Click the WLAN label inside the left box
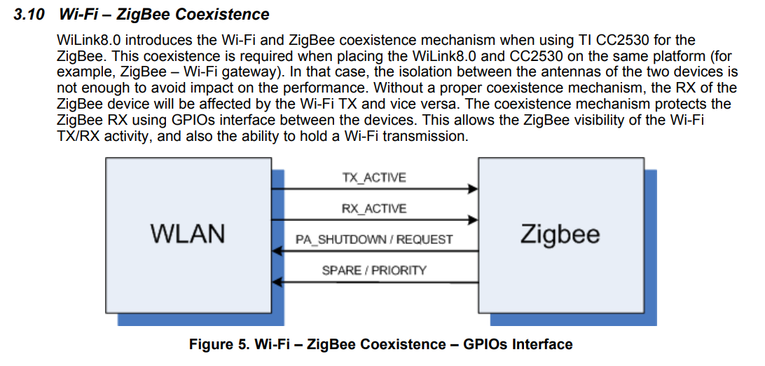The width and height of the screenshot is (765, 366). pyautogui.click(x=188, y=233)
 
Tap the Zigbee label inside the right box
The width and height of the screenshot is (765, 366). pyautogui.click(x=560, y=233)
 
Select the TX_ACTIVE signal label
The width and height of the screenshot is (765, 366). pyautogui.click(x=373, y=177)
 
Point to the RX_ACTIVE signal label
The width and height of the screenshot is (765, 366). pyautogui.click(x=373, y=208)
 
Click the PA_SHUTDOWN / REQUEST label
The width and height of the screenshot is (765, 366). pyautogui.click(x=373, y=239)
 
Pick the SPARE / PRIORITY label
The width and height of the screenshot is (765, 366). pyautogui.click(x=373, y=270)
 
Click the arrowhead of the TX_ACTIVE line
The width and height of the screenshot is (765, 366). pyautogui.click(x=474, y=189)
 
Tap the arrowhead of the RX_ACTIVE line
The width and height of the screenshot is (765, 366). pyautogui.click(x=474, y=219)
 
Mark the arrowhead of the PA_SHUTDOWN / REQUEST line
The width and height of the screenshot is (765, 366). pyautogui.click(x=277, y=250)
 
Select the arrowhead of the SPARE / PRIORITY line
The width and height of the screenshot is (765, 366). pyautogui.click(x=277, y=281)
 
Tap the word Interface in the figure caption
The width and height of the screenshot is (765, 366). pyautogui.click(x=542, y=344)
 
